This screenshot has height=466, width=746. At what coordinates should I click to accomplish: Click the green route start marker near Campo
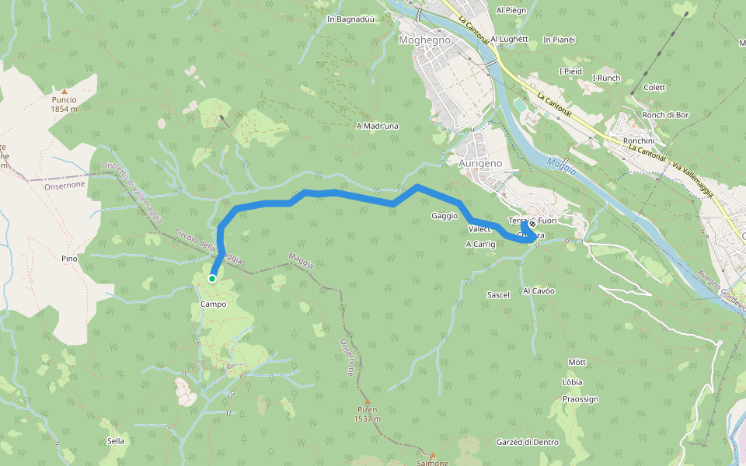coord(211,278)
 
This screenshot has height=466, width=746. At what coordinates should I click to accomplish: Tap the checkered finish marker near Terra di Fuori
coord(532,225)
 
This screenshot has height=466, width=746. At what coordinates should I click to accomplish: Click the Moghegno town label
coord(419,40)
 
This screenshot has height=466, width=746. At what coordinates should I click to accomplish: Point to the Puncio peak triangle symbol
coord(64,91)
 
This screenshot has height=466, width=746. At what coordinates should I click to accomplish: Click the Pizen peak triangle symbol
coord(368,401)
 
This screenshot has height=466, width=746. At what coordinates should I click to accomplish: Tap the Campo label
coord(213,304)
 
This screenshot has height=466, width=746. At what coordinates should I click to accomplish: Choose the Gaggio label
coord(444,216)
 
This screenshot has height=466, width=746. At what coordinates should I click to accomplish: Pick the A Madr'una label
coord(377,126)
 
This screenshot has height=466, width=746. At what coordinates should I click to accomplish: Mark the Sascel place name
coord(497,295)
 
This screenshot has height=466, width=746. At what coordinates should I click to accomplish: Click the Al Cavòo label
coord(539,290)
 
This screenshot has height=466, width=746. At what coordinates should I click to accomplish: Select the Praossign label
coord(580,399)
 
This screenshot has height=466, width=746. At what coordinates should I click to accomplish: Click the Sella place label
coord(116,441)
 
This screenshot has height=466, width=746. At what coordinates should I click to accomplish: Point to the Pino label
coord(69,257)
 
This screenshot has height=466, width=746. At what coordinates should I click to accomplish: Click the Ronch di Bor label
coord(666,116)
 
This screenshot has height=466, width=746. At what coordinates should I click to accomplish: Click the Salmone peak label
coord(432,463)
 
